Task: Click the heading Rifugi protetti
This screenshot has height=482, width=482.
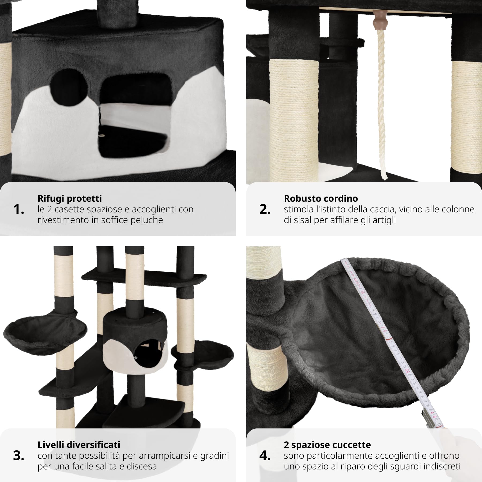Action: (x=70, y=198)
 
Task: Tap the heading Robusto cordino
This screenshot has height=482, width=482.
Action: (x=321, y=198)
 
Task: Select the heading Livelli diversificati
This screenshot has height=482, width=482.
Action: (x=79, y=445)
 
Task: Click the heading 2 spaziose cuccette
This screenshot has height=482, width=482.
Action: (x=327, y=445)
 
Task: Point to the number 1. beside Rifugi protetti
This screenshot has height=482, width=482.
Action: (x=18, y=209)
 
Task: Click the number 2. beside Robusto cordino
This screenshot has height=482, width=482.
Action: (x=265, y=209)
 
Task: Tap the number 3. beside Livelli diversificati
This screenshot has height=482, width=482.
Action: (x=18, y=456)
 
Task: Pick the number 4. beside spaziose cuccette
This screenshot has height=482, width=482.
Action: (x=265, y=456)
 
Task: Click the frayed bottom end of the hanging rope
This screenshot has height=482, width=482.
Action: (x=384, y=175)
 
